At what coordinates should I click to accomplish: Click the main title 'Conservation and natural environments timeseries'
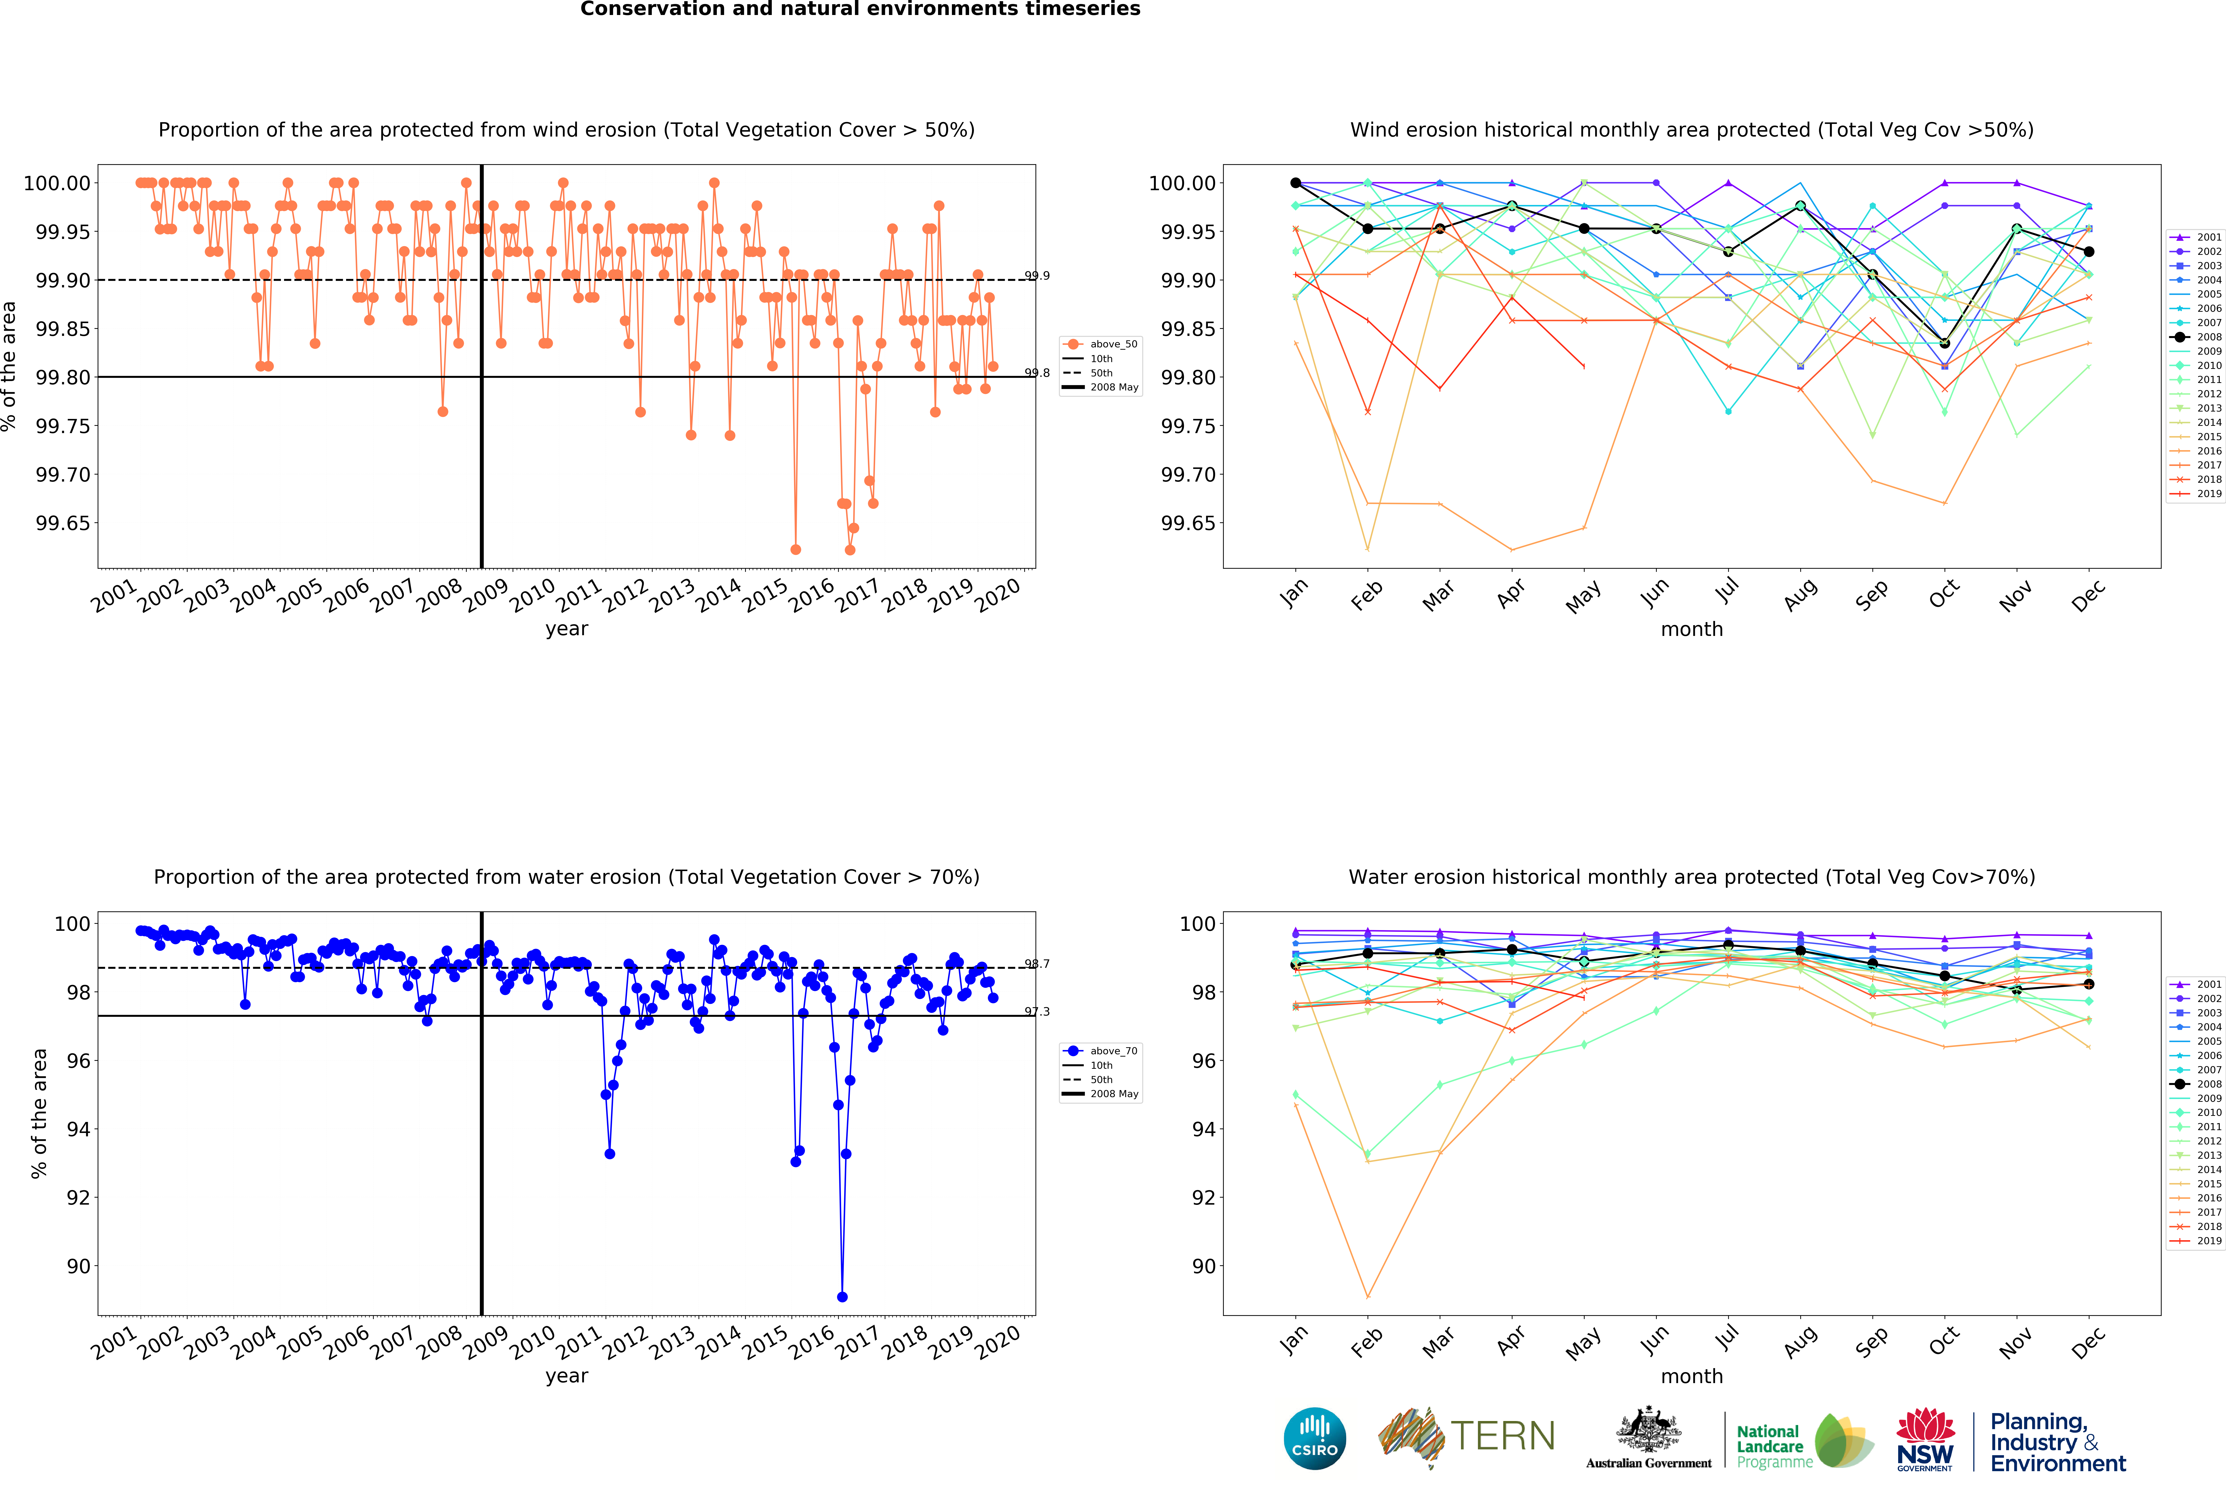[x=859, y=10]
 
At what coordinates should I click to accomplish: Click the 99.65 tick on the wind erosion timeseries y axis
[x=63, y=523]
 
